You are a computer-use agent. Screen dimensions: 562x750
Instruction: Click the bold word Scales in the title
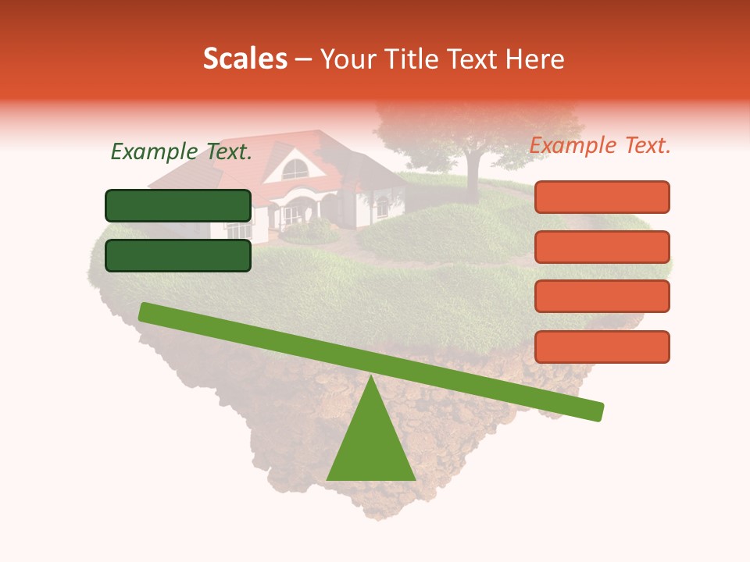tap(245, 59)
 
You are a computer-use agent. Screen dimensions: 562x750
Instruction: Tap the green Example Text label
tap(181, 152)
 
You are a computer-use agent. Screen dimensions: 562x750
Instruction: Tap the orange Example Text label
tap(600, 145)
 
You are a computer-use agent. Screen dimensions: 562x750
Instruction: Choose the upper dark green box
tap(178, 205)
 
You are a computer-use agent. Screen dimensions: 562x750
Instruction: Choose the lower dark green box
tap(178, 255)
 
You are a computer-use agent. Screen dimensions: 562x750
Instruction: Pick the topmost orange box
tap(602, 197)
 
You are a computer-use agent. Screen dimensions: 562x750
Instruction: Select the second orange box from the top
tap(602, 247)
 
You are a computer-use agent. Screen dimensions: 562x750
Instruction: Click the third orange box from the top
tap(602, 297)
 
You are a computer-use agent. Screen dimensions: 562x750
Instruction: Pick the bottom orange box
tap(602, 347)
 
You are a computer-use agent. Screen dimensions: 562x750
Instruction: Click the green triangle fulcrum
tap(371, 445)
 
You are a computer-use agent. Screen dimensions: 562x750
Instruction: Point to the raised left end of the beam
tap(145, 311)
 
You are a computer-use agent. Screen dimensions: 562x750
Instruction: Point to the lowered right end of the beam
tap(597, 411)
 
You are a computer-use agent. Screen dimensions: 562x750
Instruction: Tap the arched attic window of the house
tap(295, 169)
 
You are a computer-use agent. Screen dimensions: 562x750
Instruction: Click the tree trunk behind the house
tap(472, 166)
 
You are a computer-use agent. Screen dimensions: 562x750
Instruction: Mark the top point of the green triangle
tap(371, 377)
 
